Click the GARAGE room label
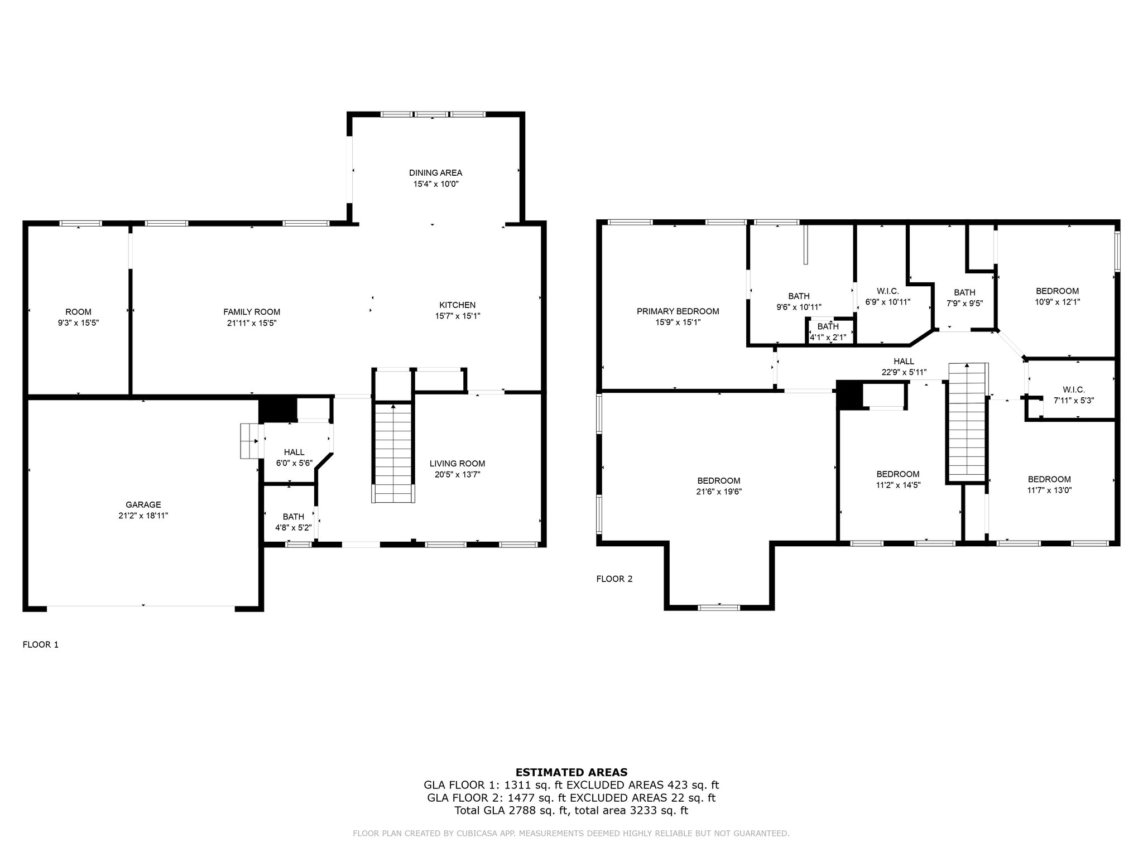(143, 505)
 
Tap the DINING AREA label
(435, 173)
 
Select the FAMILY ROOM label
(252, 312)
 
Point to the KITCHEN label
(458, 305)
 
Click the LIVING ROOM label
(457, 464)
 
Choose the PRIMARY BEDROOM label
(678, 311)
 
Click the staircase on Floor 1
(393, 453)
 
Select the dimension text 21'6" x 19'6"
(719, 492)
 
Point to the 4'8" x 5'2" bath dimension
(293, 528)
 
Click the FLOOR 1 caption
(40, 644)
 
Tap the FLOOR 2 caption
(614, 579)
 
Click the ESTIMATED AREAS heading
(571, 773)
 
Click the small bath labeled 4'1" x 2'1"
(828, 332)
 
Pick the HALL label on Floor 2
(904, 362)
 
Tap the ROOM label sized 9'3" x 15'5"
(78, 312)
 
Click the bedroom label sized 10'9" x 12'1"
(1057, 291)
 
